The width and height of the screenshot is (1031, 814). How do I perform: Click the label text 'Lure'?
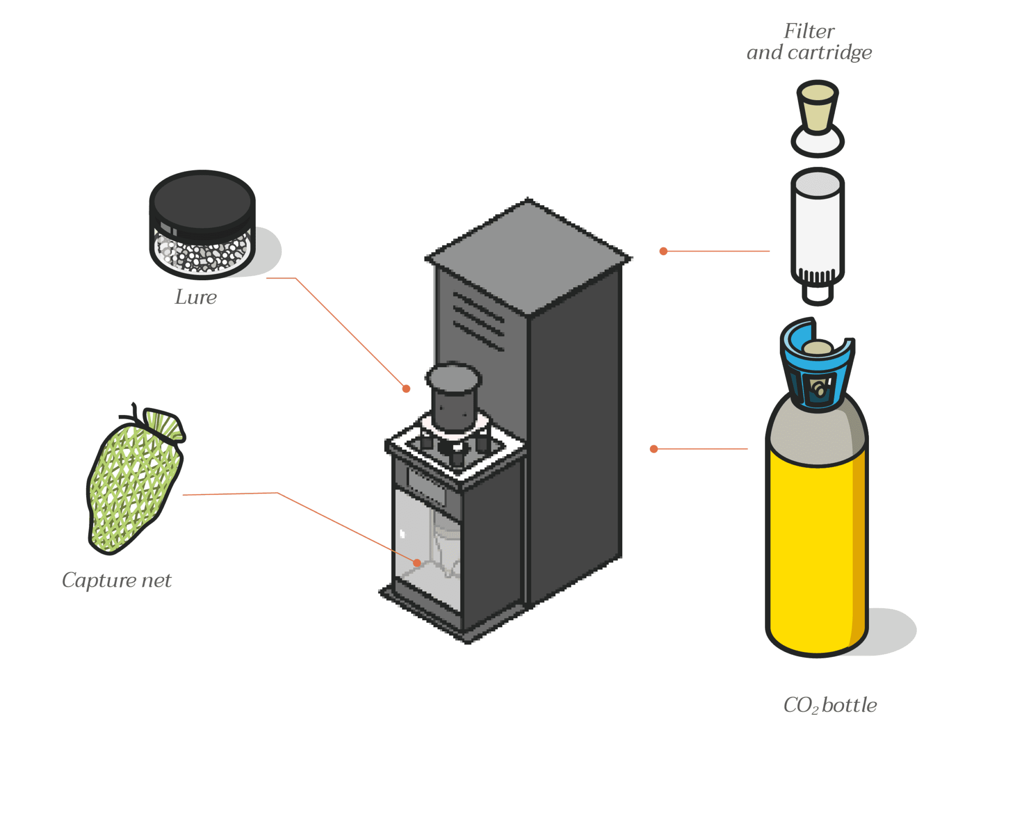pos(196,297)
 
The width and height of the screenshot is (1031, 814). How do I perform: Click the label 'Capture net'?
pos(117,581)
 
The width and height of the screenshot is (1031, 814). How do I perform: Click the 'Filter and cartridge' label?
pos(809,42)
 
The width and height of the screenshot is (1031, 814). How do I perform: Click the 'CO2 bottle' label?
pos(830,705)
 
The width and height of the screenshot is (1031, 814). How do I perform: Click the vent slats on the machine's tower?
pos(478,320)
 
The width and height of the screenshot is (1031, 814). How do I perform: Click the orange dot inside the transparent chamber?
pos(417,562)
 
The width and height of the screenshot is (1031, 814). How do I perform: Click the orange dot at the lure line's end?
pos(406,388)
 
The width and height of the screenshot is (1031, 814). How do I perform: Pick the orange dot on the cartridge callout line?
pos(664,251)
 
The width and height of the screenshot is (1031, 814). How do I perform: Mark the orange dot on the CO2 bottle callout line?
pos(654,449)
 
